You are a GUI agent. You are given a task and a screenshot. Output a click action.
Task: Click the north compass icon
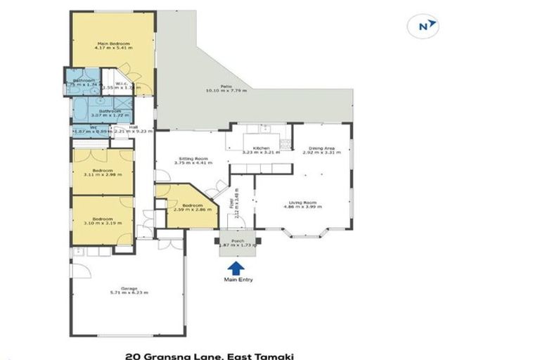tap(424, 26)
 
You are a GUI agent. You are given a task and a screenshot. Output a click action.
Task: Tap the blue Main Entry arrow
tap(236, 267)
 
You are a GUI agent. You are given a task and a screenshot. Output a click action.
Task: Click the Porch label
tap(237, 240)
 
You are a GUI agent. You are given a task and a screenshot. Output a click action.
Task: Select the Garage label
tap(128, 289)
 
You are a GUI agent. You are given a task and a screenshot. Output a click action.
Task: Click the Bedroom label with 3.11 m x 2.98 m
tap(103, 172)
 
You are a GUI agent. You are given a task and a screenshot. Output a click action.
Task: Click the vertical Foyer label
tap(231, 204)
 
